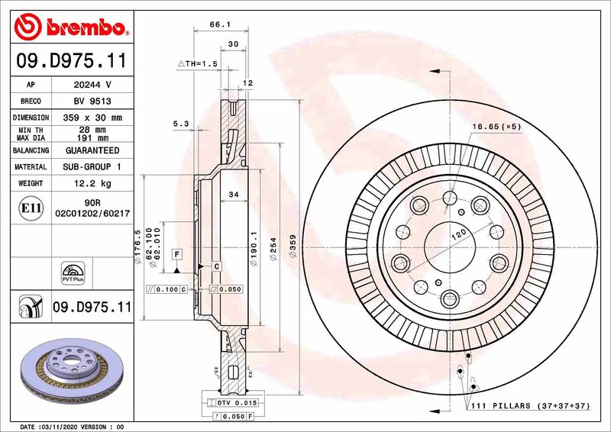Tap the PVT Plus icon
coord(72,272)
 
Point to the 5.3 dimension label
coord(180,123)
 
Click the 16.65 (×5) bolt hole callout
coord(496,126)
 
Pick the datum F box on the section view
coord(177,253)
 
